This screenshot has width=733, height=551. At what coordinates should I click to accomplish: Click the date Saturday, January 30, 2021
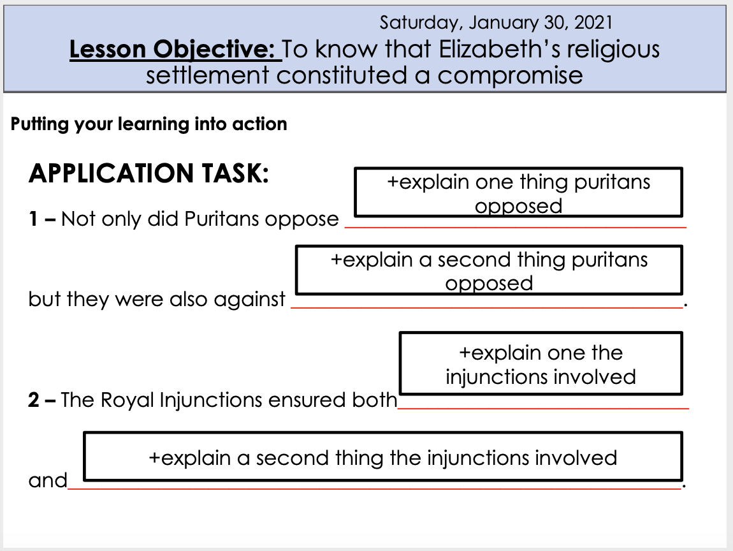tap(495, 23)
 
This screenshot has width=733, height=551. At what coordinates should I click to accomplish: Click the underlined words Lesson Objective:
tap(175, 50)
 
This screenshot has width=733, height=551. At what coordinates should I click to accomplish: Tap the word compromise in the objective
tap(510, 75)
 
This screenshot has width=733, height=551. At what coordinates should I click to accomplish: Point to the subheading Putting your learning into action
tap(149, 124)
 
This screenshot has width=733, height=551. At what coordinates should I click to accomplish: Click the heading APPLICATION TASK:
tap(149, 173)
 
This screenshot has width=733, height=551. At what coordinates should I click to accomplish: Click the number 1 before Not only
tap(32, 219)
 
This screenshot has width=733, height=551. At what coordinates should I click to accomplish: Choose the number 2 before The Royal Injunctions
tap(33, 400)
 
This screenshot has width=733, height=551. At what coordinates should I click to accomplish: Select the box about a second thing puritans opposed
tap(489, 270)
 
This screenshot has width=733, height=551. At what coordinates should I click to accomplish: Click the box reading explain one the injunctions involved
tap(541, 364)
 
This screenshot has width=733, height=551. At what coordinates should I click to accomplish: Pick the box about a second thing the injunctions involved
tap(382, 457)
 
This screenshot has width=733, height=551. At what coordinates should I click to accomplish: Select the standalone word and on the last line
tap(47, 480)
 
